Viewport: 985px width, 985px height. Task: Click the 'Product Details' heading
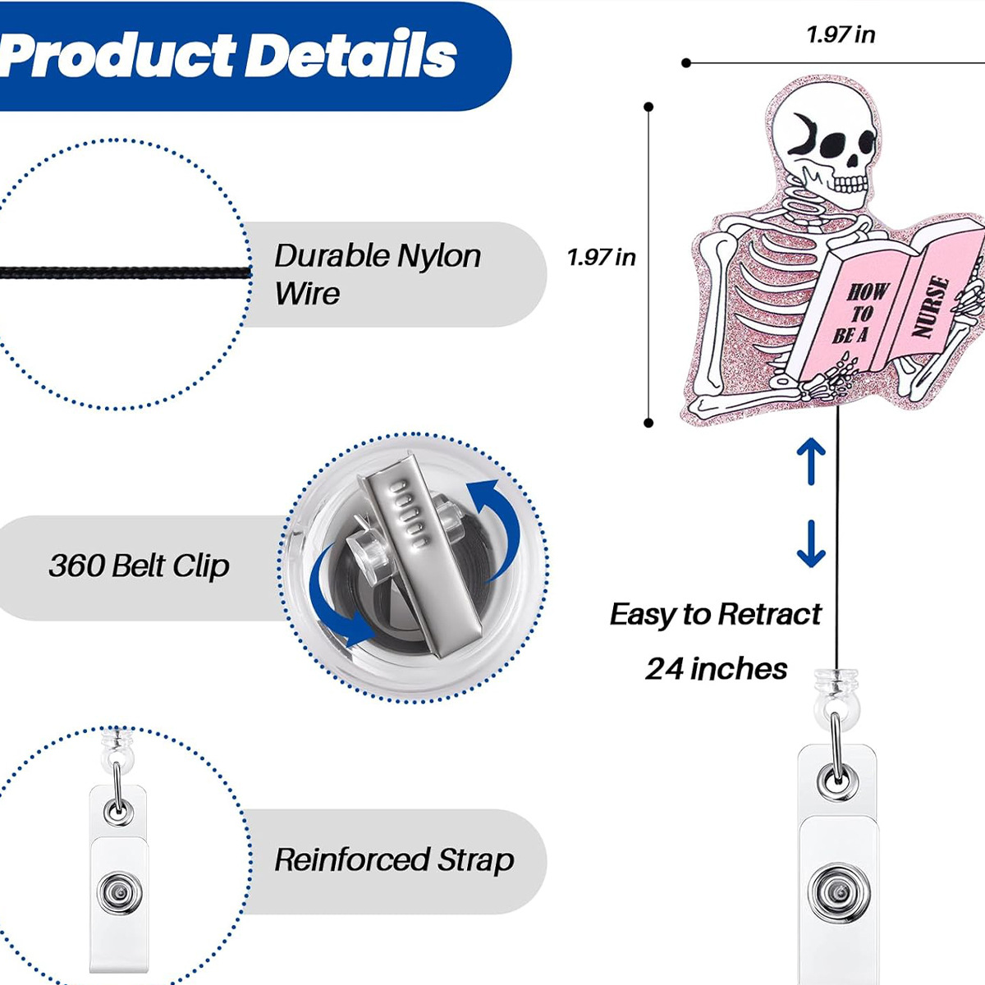point(230,56)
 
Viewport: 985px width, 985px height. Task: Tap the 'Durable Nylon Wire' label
point(378,274)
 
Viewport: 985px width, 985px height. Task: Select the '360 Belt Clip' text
point(139,566)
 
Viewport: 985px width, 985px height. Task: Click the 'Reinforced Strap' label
point(394,860)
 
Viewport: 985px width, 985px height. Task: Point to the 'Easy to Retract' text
point(715,614)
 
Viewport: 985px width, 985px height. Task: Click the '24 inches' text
point(716,669)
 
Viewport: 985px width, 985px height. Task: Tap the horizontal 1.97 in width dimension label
point(840,34)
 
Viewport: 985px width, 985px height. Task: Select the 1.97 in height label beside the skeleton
point(601,258)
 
